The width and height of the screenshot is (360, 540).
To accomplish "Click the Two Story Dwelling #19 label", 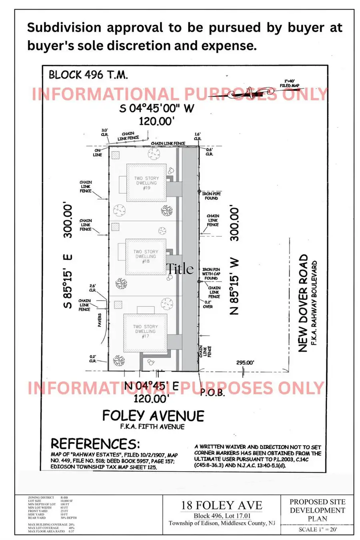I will tap(146, 183).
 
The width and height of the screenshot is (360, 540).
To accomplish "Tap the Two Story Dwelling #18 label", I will tap(146, 256).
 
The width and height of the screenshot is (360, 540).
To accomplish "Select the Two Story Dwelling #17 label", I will tap(145, 331).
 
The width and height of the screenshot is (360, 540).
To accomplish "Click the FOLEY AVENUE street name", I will tap(153, 416).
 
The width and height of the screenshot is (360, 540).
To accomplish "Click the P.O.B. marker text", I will tap(212, 392).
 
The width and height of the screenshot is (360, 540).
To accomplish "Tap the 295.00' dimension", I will tap(245, 362).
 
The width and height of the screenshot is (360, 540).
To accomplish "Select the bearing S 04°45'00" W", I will tap(156, 108).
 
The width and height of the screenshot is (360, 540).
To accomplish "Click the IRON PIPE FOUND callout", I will tap(211, 196).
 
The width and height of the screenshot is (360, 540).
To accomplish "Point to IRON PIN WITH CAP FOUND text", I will tap(211, 274).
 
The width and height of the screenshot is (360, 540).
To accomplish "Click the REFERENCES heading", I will tap(95, 444).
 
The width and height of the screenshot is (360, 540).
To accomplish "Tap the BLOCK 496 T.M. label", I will tap(88, 74).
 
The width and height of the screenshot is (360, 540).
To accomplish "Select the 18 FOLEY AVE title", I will tap(222, 505).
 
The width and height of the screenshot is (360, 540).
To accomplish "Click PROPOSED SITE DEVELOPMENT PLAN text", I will tap(317, 510).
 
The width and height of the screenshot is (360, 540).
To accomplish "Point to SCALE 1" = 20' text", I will tap(318, 529).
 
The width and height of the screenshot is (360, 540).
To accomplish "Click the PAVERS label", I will tap(99, 320).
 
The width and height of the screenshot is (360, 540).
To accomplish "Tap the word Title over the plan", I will tap(180, 269).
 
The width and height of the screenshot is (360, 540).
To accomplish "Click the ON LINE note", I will tap(98, 152).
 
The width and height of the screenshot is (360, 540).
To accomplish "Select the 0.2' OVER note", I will tap(208, 304).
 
